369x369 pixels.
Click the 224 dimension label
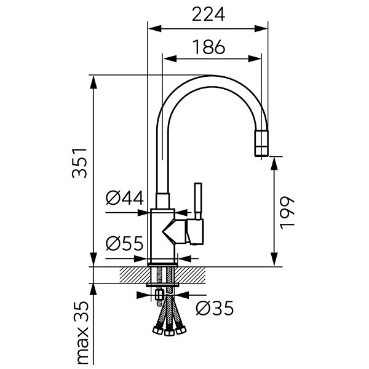(x=208, y=14)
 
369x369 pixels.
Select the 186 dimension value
(x=209, y=47)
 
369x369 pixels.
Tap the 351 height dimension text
(x=79, y=163)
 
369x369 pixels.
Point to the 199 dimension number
(x=287, y=213)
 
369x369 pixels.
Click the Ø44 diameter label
(x=124, y=198)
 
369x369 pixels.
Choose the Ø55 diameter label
(x=124, y=244)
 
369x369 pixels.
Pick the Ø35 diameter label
(x=215, y=308)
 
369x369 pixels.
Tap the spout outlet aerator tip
(x=261, y=143)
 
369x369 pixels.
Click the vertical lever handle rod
(x=198, y=200)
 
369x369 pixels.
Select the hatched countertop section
(x=162, y=275)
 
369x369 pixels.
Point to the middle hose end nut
(x=168, y=332)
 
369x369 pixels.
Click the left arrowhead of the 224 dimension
(x=154, y=29)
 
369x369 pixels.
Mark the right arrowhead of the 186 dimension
(x=255, y=58)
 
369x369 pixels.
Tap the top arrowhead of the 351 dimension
(x=93, y=82)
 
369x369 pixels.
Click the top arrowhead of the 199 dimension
(x=274, y=164)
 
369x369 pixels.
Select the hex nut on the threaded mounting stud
(x=159, y=295)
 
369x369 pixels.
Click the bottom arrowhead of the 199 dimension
(x=274, y=260)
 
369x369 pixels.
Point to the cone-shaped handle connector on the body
(x=175, y=232)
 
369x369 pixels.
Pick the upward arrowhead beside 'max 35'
(x=93, y=290)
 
